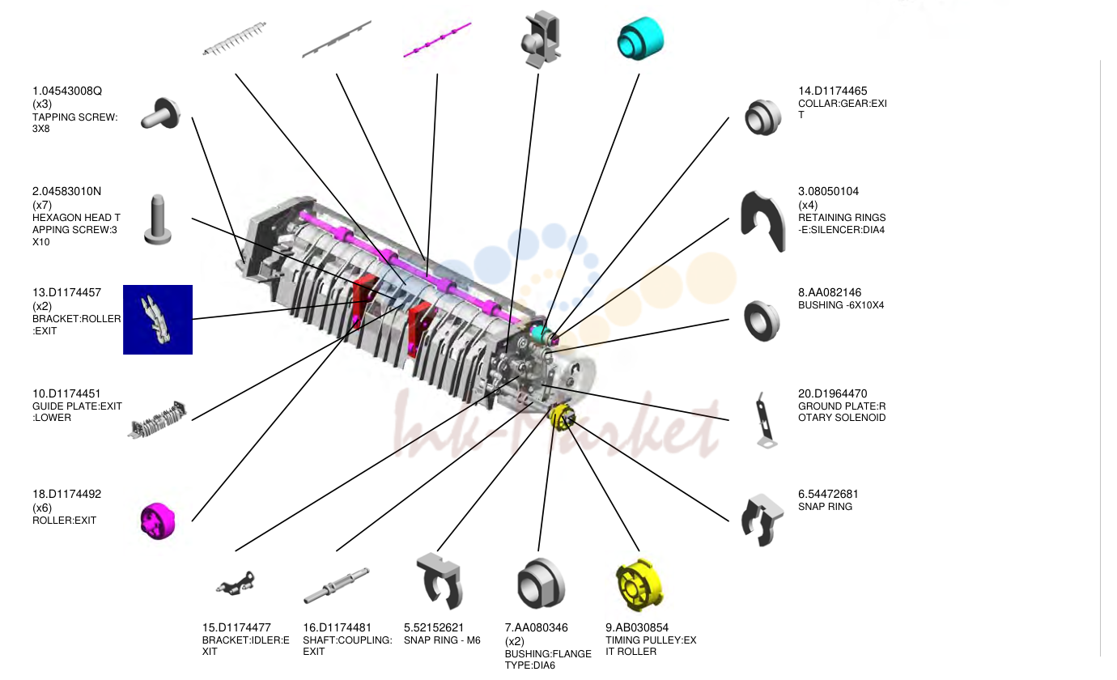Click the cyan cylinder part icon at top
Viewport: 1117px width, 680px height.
(x=641, y=38)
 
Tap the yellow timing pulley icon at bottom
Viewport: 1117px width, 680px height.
(x=639, y=585)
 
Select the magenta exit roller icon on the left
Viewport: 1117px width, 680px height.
(x=158, y=521)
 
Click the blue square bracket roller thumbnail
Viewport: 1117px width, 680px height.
(x=158, y=320)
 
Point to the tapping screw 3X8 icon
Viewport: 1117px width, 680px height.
(x=160, y=114)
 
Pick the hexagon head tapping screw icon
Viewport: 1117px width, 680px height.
(x=158, y=220)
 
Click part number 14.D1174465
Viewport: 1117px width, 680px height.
(x=832, y=91)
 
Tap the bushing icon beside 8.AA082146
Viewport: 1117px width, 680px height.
(x=762, y=321)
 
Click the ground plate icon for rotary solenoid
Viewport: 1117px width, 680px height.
(x=764, y=420)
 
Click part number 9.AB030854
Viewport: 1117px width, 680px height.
(x=637, y=627)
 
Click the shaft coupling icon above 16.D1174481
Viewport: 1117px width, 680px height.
(x=337, y=586)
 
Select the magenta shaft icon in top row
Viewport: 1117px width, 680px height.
(x=437, y=40)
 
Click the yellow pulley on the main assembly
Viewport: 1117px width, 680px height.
(x=562, y=417)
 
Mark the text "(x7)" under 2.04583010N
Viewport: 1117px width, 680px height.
(x=42, y=205)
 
